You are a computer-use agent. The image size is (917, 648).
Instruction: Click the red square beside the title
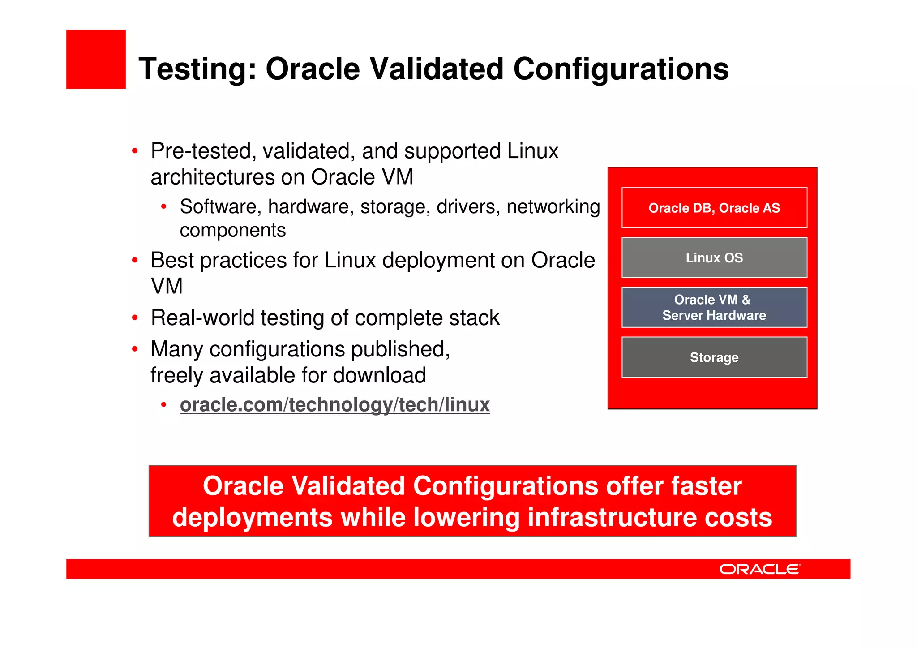[x=96, y=59]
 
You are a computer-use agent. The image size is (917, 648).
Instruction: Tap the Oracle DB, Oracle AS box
[x=714, y=208]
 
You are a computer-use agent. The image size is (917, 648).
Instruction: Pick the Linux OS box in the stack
[x=714, y=257]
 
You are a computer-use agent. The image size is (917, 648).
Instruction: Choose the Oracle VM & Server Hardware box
[x=714, y=307]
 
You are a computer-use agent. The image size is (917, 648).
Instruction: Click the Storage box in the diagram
[x=714, y=357]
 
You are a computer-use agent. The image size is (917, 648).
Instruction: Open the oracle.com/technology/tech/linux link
[x=334, y=405]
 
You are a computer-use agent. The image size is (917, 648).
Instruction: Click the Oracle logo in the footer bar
[x=760, y=569]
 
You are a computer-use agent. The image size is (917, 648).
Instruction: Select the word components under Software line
[x=232, y=231]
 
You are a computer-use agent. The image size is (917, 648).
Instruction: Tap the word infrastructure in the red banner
[x=612, y=517]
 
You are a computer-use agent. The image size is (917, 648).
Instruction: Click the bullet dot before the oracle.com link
[x=164, y=405]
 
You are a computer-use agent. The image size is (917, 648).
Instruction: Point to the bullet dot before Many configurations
[x=135, y=349]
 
